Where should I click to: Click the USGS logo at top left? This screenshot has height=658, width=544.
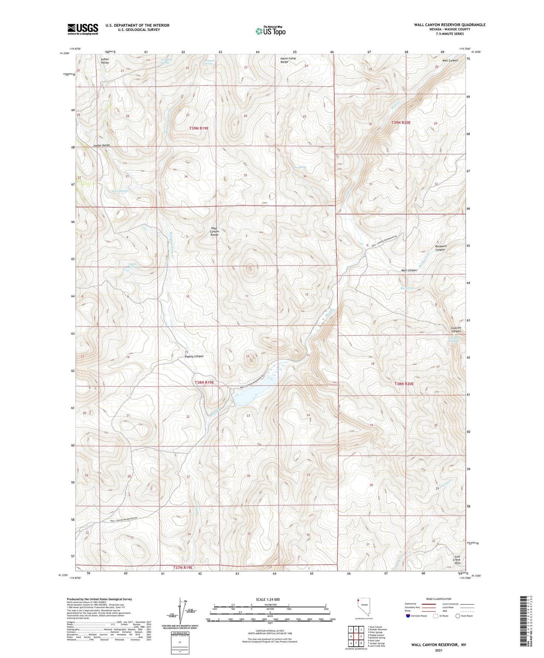pyautogui.click(x=82, y=29)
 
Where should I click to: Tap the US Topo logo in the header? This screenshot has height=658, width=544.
pyautogui.click(x=270, y=31)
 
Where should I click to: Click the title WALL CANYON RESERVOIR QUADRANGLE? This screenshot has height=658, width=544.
pyautogui.click(x=450, y=25)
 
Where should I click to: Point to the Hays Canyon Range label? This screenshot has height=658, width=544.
pyautogui.click(x=215, y=232)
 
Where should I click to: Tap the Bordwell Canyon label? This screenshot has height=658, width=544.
pyautogui.click(x=441, y=248)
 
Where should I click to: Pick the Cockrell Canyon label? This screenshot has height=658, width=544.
pyautogui.click(x=459, y=329)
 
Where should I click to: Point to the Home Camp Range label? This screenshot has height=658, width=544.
pyautogui.click(x=290, y=60)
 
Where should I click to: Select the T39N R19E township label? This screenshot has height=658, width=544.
pyautogui.click(x=199, y=129)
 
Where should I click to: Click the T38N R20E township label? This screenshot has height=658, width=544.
pyautogui.click(x=404, y=384)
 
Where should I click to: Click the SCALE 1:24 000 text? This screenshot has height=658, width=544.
pyautogui.click(x=268, y=599)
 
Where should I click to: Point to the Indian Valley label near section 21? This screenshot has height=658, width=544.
pyautogui.click(x=105, y=61)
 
